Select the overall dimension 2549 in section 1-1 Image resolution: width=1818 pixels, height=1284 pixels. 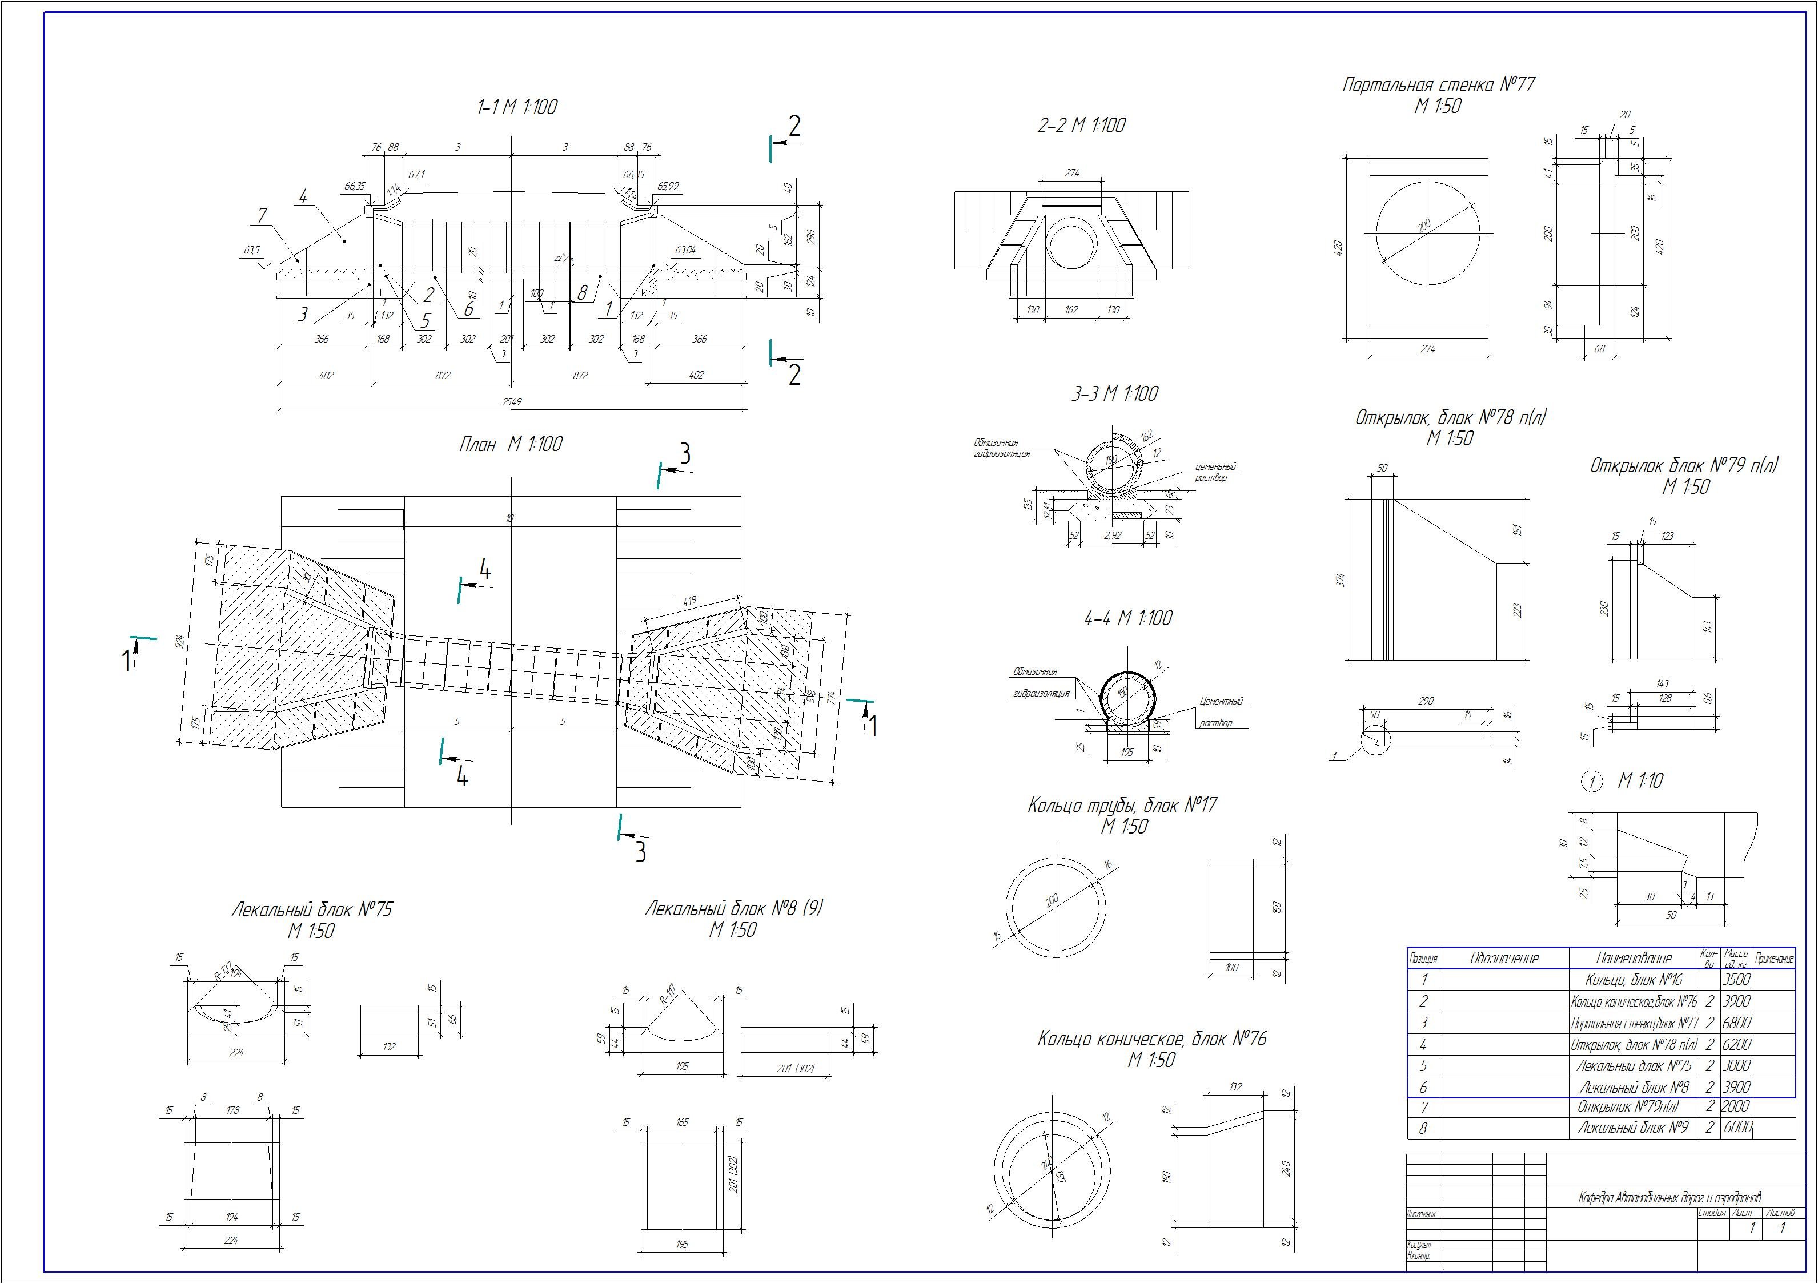pyautogui.click(x=512, y=402)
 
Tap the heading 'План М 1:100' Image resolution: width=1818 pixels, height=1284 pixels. pyautogui.click(x=511, y=444)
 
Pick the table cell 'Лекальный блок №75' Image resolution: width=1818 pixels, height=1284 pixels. pyautogui.click(x=1634, y=1065)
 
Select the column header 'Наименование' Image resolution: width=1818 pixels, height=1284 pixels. pyautogui.click(x=1634, y=959)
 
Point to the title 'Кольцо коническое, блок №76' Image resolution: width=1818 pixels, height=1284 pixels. pyautogui.click(x=1151, y=1039)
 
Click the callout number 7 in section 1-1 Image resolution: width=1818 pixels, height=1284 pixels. pyautogui.click(x=262, y=215)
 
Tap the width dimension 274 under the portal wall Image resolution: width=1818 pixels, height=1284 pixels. pyautogui.click(x=1428, y=348)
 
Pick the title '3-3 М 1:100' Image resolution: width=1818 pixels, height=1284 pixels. pyautogui.click(x=1114, y=393)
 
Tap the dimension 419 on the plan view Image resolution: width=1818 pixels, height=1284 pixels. pyautogui.click(x=688, y=601)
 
